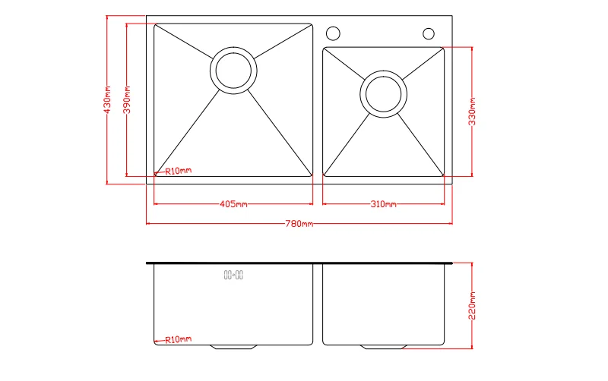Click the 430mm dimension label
[107, 100]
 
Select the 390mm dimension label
[127, 100]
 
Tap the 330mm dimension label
[472, 112]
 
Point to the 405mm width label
[233, 204]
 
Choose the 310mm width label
[383, 204]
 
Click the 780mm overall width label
[299, 224]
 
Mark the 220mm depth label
[472, 306]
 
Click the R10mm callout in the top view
[179, 171]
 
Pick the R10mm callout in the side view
[179, 339]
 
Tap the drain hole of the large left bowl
[233, 71]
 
